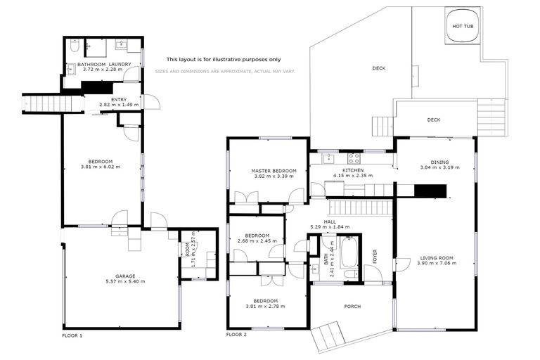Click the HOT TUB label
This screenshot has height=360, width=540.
(x=462, y=26)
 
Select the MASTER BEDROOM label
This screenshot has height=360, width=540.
(x=274, y=171)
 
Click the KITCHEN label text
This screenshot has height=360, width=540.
(x=353, y=171)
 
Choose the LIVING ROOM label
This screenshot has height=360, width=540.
(x=437, y=257)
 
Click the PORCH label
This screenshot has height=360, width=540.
(x=352, y=307)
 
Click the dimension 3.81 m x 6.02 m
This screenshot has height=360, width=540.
(x=101, y=167)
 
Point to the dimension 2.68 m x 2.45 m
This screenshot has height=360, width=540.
(x=257, y=240)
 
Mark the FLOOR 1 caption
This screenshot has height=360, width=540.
(x=72, y=335)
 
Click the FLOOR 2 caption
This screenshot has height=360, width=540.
(x=236, y=335)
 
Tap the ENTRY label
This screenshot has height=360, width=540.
(x=119, y=99)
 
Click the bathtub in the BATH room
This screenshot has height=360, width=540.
(x=349, y=257)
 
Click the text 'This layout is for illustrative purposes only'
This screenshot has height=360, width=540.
(x=224, y=60)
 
